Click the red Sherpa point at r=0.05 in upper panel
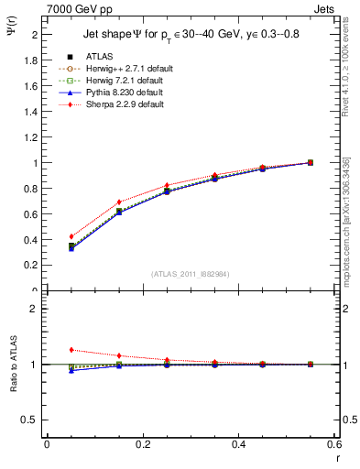(x=71, y=236)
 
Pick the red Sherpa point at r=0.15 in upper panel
(x=119, y=202)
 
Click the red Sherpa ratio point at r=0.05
(x=71, y=350)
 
